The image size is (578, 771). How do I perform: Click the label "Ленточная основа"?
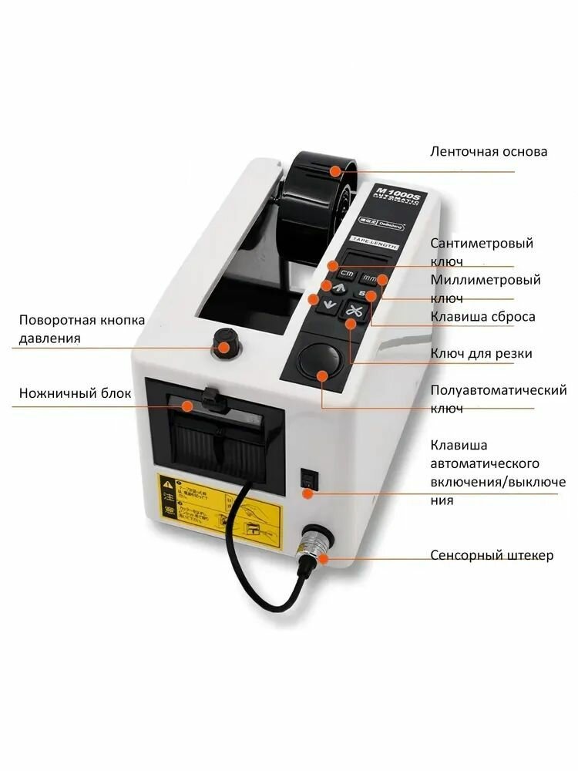click(x=489, y=151)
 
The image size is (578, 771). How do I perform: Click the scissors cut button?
click(x=354, y=312)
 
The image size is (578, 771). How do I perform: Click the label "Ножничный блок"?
click(x=76, y=394)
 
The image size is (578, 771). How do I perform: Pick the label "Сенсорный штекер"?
click(x=491, y=555)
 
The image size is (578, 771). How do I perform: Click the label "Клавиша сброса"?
click(x=482, y=316)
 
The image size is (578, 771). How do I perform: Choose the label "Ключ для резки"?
click(x=481, y=353)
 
